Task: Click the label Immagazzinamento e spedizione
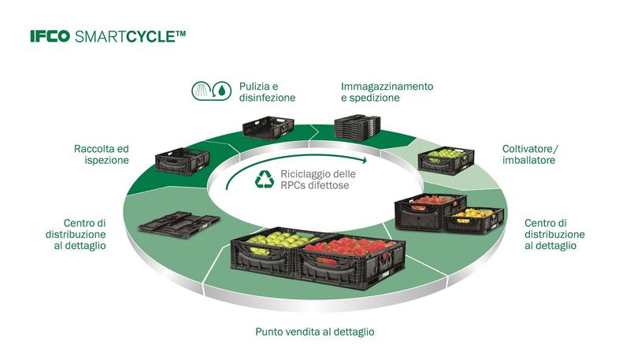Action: coord(387,91)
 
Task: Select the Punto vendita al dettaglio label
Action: coord(314,332)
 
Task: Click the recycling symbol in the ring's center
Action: coord(263,180)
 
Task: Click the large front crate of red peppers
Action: coord(347,256)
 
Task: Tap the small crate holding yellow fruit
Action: coord(474,219)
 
